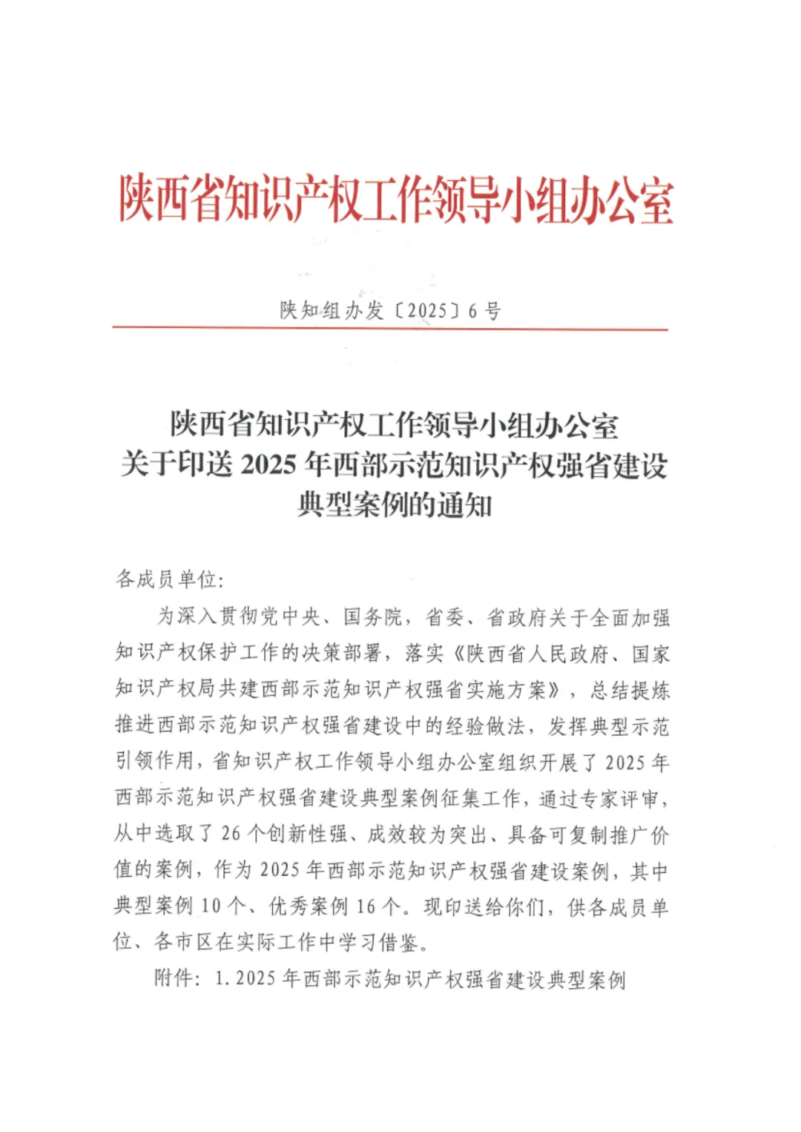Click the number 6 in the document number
472,311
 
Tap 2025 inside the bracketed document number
428,311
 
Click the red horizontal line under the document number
390,329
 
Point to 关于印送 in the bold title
177,465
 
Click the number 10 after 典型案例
211,906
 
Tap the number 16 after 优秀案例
366,906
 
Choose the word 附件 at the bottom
174,979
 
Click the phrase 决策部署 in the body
343,654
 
